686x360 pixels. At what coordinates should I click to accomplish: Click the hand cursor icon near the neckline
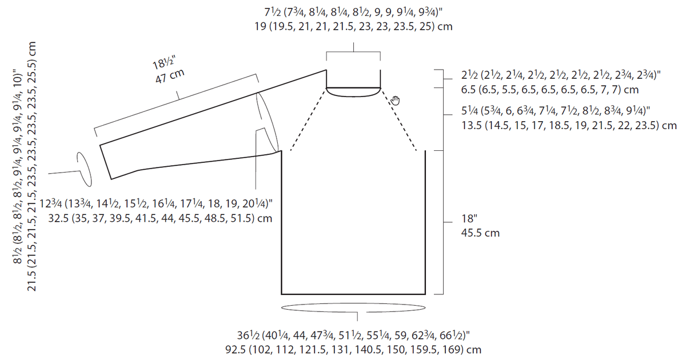coord(396,101)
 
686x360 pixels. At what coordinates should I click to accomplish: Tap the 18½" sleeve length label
coord(164,62)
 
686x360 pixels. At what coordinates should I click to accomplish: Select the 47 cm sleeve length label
coord(170,76)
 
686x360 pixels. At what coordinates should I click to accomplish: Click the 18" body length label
coord(469,218)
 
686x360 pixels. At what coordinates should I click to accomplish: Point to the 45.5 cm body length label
coord(480,233)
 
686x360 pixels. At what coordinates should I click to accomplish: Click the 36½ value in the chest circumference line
coord(248,335)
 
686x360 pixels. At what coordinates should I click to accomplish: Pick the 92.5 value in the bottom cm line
coord(236,350)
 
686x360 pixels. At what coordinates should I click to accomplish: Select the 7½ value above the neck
coord(273,12)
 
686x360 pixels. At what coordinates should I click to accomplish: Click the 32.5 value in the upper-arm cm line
coord(58,218)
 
